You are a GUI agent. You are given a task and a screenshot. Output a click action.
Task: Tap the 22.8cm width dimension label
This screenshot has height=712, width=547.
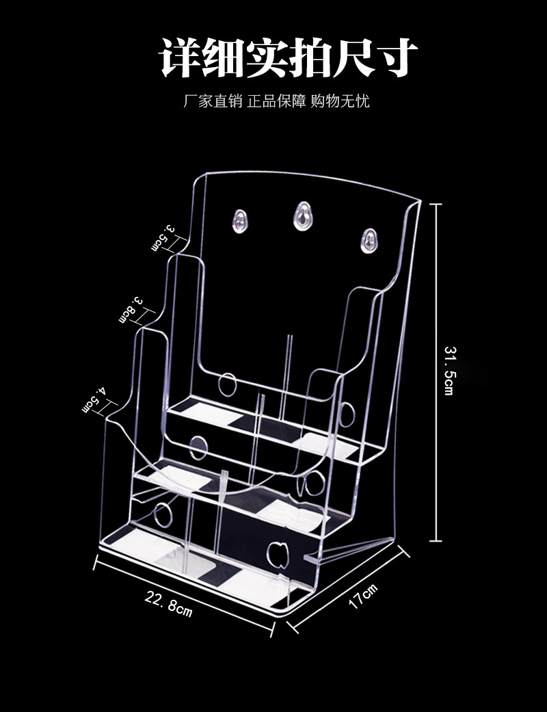pos(169,603)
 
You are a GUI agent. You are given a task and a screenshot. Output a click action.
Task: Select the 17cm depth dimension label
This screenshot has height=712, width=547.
pos(362,596)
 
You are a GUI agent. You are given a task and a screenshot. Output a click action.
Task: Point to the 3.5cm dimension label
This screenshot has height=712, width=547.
pos(163,237)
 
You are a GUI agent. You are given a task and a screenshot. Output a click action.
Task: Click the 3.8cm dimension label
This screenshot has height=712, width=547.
pos(131,311)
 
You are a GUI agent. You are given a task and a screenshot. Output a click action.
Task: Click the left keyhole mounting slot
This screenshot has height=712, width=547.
pos(240,221)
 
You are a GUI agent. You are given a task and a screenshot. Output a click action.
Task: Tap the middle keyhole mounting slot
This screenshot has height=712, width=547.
pos(302,215)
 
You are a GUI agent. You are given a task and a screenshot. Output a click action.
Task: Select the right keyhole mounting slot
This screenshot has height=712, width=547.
pos(369,241)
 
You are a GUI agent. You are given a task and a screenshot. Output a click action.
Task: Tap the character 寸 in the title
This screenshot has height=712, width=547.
pos(395,57)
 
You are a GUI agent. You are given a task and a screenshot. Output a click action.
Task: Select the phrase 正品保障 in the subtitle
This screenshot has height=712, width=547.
pos(276,101)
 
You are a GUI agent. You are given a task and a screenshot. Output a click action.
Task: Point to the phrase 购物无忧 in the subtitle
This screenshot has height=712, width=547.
pos(340,101)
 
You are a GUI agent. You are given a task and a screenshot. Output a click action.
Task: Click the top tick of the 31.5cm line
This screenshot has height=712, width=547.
pos(436,205)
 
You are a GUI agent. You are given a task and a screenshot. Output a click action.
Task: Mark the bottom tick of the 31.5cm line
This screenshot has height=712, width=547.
pos(436,540)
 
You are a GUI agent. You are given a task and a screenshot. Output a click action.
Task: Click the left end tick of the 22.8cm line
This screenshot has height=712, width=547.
pos(96,562)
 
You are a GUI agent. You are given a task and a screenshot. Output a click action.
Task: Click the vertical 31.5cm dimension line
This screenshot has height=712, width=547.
pos(436,372)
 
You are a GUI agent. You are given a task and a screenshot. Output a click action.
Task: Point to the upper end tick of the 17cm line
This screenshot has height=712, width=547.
pos(405,551)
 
